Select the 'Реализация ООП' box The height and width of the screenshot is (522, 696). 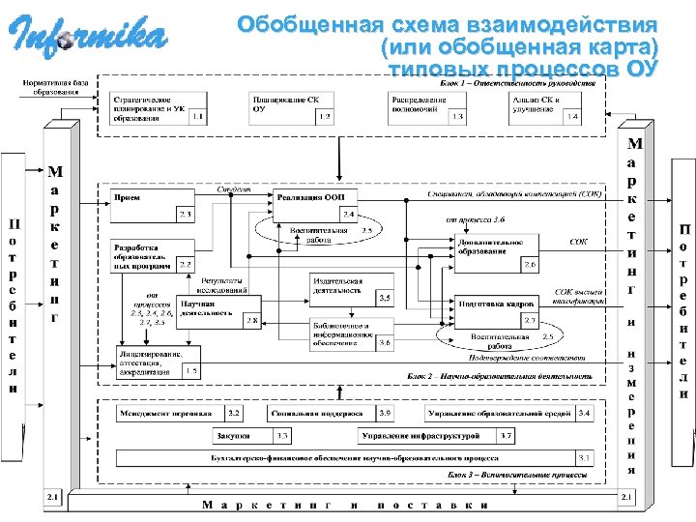coord(315,204)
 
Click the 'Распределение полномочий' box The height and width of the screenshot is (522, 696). coord(426,107)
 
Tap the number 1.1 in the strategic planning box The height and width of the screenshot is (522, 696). coord(197,118)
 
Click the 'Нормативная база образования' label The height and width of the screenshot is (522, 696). coord(55,88)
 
